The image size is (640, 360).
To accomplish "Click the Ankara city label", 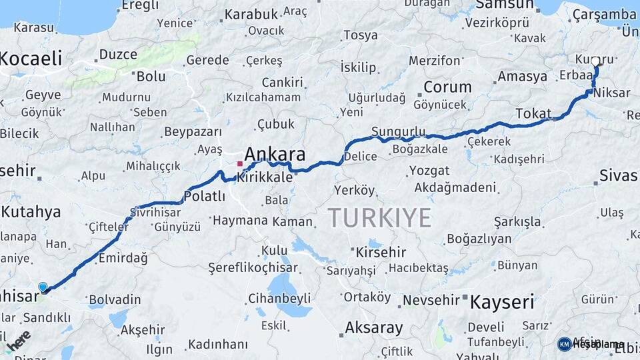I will point(276,155).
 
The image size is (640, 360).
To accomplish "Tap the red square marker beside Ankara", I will point(240,163).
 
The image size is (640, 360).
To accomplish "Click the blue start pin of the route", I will point(43,287).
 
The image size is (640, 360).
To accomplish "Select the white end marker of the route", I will point(595,61).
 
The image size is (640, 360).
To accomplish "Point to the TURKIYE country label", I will point(379,218).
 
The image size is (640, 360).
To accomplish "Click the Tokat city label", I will point(533,113).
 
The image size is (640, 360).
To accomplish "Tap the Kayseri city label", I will point(502,302).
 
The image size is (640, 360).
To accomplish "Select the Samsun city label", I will point(505,5).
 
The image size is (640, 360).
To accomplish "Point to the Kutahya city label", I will point(31,212).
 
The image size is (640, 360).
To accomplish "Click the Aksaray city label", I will point(374,327).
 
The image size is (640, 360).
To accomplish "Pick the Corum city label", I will point(447,87).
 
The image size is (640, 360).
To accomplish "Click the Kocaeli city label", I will point(31,58).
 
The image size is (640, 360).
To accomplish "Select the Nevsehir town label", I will point(432,300).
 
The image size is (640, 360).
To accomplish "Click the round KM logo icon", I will point(565,344).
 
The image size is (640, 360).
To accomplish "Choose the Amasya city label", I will point(522,76).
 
